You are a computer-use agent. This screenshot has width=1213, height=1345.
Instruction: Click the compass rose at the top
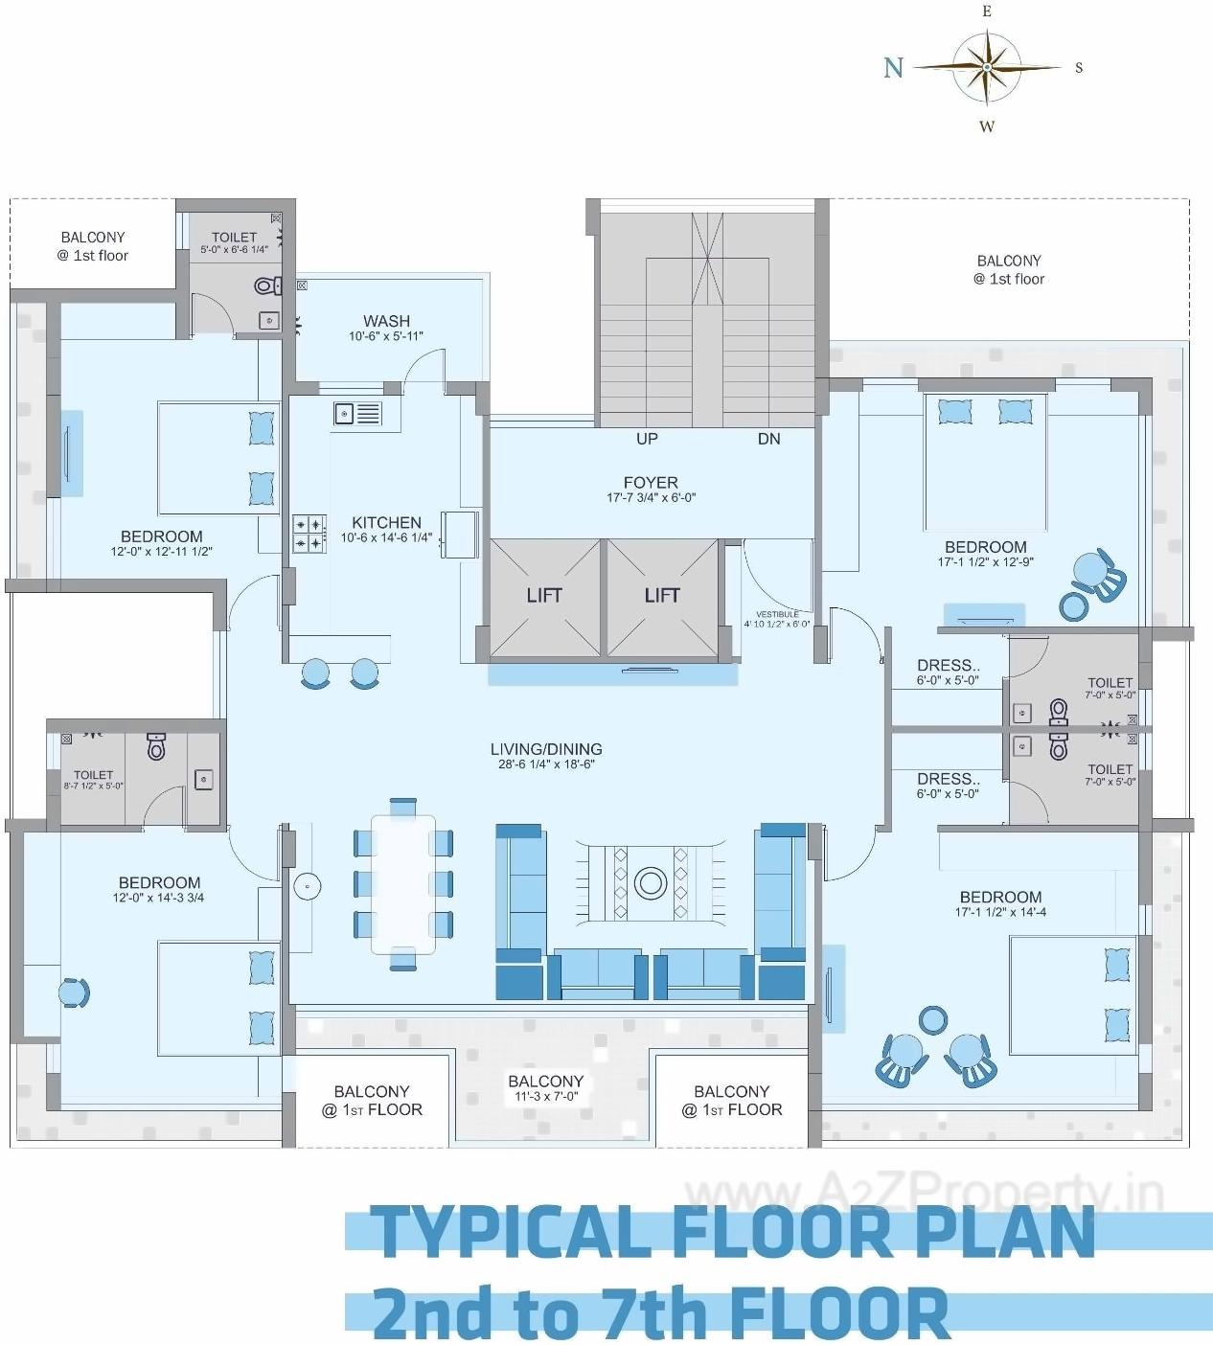(x=987, y=67)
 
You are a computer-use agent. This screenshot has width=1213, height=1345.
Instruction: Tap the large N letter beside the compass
(x=893, y=67)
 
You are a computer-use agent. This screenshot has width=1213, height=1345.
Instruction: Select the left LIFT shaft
(x=544, y=596)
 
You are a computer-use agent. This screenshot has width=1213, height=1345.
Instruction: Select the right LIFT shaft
(x=661, y=596)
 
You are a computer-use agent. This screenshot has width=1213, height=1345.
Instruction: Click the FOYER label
(x=651, y=483)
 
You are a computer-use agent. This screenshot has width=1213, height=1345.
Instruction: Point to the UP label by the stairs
(x=647, y=439)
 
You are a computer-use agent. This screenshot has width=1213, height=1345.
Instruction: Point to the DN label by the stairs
(x=768, y=439)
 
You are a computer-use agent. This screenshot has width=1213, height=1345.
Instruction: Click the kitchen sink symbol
(x=356, y=413)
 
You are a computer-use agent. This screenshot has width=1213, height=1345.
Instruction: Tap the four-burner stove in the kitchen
(x=309, y=534)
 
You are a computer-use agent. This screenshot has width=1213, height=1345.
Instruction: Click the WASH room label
(x=386, y=321)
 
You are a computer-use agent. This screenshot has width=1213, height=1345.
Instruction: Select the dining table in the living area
(x=403, y=883)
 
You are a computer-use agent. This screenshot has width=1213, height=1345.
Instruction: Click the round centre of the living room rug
(x=651, y=882)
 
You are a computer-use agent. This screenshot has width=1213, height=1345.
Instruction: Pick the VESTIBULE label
(x=777, y=614)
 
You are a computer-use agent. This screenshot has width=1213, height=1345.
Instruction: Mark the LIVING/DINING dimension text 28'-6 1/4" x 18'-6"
(x=547, y=764)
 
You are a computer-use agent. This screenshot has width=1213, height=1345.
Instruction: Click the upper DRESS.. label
(x=948, y=666)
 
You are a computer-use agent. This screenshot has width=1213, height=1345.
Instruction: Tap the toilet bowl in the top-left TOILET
(x=266, y=285)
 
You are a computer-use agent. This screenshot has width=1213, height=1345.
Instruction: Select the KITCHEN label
(x=386, y=522)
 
